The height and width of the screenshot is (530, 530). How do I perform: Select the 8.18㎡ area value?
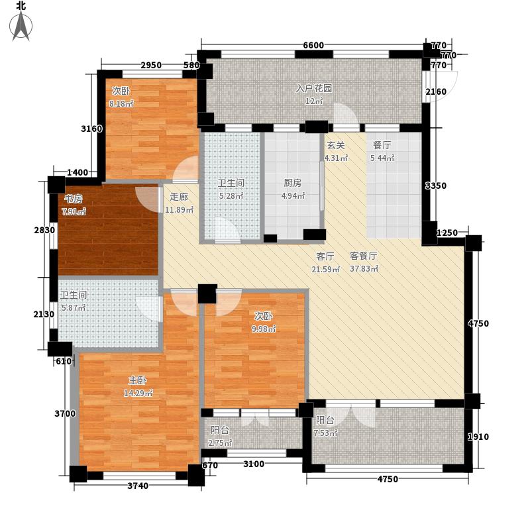pyautogui.click(x=121, y=104)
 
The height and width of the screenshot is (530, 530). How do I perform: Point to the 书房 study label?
pyautogui.click(x=73, y=199)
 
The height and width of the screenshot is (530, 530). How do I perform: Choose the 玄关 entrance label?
pyautogui.click(x=335, y=145)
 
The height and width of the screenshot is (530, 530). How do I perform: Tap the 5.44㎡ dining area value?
pyautogui.click(x=383, y=158)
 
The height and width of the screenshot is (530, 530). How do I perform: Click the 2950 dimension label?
pyautogui.click(x=150, y=65)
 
